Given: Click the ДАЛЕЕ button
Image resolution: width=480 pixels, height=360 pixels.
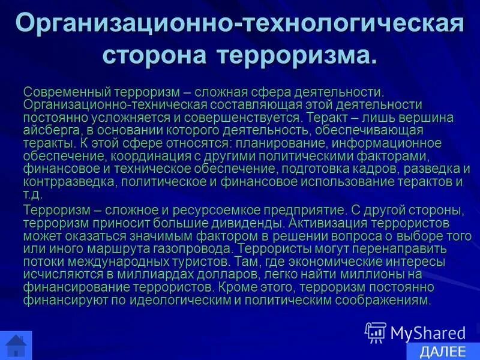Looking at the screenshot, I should [x=443, y=352].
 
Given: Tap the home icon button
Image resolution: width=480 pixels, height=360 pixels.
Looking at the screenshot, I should [x=15, y=346].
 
